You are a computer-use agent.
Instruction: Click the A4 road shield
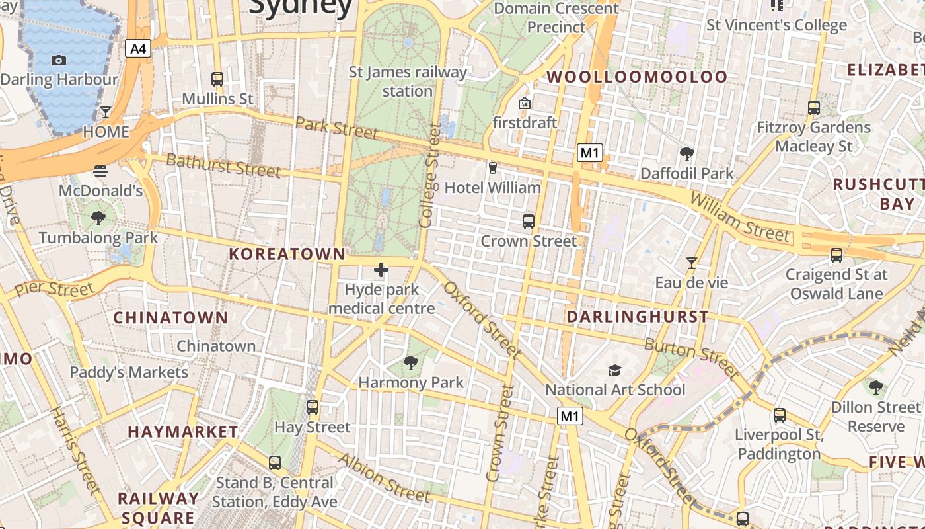(138, 48)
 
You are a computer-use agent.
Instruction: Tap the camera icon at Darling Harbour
(59, 61)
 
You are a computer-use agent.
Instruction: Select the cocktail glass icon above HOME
(106, 112)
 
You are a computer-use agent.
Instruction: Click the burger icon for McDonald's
(100, 171)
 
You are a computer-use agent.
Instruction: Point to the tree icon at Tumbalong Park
(98, 218)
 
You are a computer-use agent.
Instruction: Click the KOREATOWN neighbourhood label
(287, 254)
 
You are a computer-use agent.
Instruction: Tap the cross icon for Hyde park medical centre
(381, 270)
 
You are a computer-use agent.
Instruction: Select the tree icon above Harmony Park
(411, 362)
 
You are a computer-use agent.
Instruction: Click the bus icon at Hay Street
(313, 407)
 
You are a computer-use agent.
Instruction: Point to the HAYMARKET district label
(183, 432)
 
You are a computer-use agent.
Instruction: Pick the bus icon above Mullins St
(217, 79)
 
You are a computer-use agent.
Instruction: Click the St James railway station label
(408, 81)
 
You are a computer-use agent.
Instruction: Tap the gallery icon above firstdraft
(525, 103)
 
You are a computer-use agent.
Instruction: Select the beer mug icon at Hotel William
(492, 168)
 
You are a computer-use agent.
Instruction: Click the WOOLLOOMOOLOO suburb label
(637, 77)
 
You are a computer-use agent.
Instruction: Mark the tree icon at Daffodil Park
(686, 154)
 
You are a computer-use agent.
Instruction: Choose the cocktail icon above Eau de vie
(691, 263)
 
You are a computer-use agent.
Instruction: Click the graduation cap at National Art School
(615, 370)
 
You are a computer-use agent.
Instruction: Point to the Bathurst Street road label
(223, 165)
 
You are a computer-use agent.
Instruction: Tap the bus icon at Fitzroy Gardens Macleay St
(814, 107)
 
